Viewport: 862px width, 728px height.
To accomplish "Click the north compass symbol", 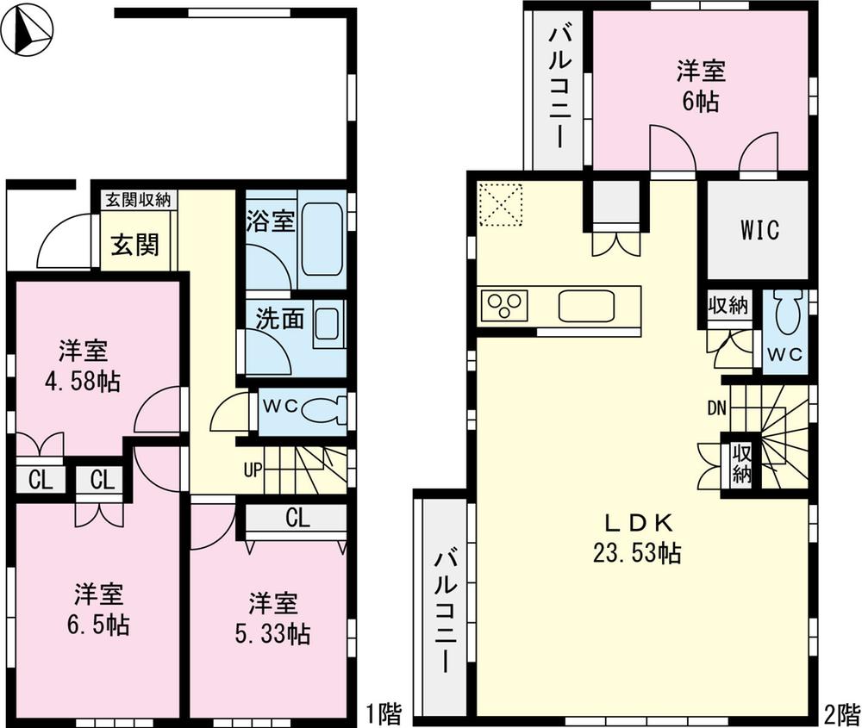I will point(27,30).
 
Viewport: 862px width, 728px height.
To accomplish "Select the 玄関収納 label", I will point(138,200).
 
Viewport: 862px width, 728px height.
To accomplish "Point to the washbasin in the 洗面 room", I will point(328,325).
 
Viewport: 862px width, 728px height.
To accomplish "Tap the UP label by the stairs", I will point(253,470).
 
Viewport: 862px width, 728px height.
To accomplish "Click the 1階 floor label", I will point(383,713).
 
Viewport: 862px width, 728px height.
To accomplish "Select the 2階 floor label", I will point(841,713).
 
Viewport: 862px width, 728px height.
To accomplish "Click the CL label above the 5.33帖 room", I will point(297,519).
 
